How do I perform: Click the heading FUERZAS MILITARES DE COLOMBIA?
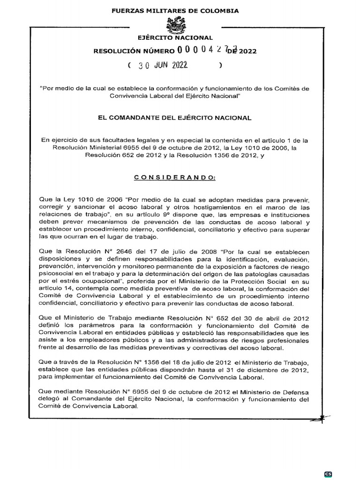click(175, 10)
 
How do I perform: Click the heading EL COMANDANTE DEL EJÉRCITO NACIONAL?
click(174, 118)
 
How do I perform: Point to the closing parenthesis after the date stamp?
click(220, 66)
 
